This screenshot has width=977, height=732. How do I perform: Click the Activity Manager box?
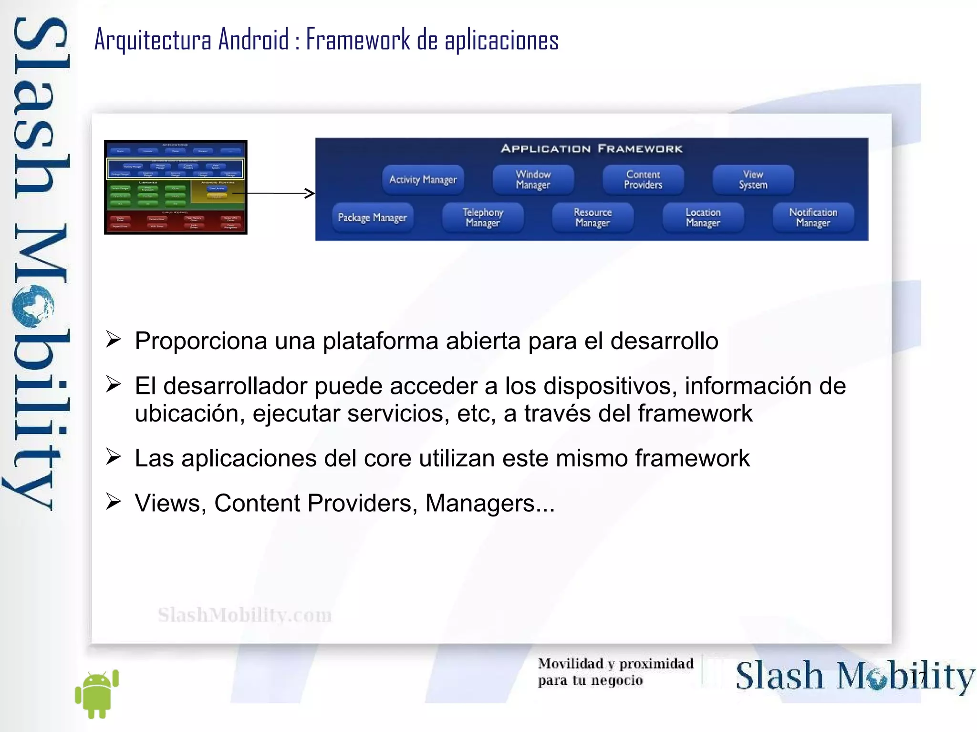click(x=423, y=180)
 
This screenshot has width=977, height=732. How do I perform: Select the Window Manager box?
click(x=533, y=180)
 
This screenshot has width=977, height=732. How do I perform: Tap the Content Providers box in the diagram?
click(x=643, y=180)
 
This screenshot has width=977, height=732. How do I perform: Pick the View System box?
click(x=753, y=180)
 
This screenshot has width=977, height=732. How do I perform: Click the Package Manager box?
click(x=372, y=217)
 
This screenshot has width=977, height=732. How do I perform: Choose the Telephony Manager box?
click(x=482, y=217)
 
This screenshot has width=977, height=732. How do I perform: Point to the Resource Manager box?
click(x=592, y=217)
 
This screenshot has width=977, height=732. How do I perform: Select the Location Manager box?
click(x=703, y=217)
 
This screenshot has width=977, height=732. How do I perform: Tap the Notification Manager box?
click(x=813, y=217)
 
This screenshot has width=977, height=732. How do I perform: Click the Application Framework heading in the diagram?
click(x=592, y=149)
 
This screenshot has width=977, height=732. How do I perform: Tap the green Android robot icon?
click(x=97, y=694)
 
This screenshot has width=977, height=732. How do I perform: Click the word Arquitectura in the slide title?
click(x=153, y=40)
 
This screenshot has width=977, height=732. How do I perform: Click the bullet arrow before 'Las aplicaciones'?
click(x=114, y=457)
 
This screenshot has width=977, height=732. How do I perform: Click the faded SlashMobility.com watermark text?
click(x=245, y=615)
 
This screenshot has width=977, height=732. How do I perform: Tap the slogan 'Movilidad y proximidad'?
click(x=615, y=663)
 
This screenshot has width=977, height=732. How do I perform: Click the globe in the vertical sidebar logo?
click(x=34, y=306)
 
